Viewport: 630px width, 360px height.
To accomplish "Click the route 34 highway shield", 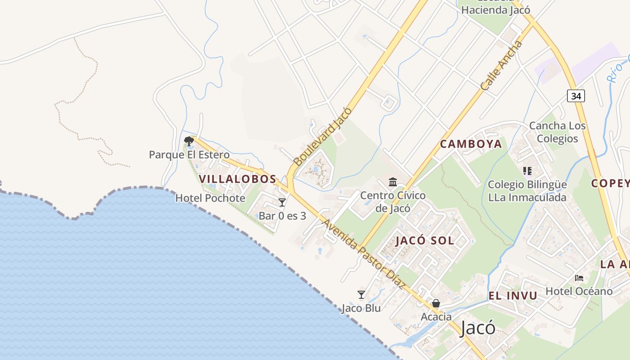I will pyautogui.click(x=576, y=95).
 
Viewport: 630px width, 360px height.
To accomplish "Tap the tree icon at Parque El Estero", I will pyautogui.click(x=189, y=142).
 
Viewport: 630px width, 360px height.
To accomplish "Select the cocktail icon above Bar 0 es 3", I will pyautogui.click(x=282, y=202).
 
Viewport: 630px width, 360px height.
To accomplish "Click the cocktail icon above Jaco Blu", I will pyautogui.click(x=361, y=295).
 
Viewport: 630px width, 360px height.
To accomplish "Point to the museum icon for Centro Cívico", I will pyautogui.click(x=393, y=182).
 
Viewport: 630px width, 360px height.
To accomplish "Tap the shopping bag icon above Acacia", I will pyautogui.click(x=436, y=303).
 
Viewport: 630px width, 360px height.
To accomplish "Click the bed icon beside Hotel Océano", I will pyautogui.click(x=579, y=278).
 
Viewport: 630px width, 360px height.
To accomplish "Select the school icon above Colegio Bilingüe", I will pyautogui.click(x=527, y=171).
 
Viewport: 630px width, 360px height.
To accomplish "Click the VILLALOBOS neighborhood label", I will pyautogui.click(x=238, y=179).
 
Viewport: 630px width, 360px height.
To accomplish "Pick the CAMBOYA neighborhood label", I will pyautogui.click(x=471, y=144).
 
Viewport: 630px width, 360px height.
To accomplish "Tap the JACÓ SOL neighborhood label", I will pyautogui.click(x=425, y=240).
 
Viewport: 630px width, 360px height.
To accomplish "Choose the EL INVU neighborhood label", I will pyautogui.click(x=513, y=296).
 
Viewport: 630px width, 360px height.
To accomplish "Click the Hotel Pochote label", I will pyautogui.click(x=210, y=198).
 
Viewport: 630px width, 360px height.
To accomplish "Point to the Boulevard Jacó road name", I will pyautogui.click(x=322, y=136).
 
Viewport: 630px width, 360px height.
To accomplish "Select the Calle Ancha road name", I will pyautogui.click(x=502, y=66).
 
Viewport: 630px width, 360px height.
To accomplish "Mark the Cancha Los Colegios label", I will pyautogui.click(x=557, y=132).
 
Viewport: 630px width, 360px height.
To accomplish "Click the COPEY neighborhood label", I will pyautogui.click(x=610, y=183).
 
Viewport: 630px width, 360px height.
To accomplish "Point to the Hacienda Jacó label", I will pyautogui.click(x=495, y=9).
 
